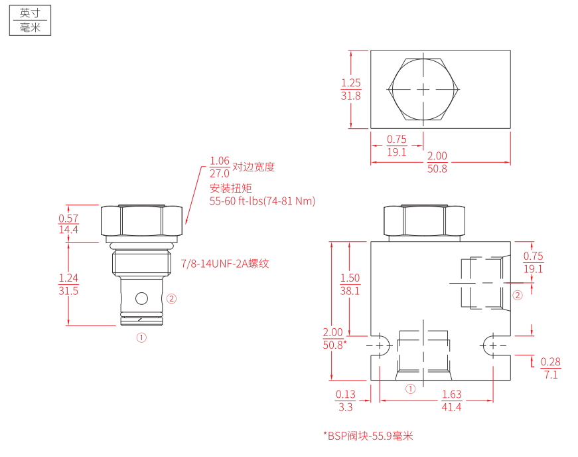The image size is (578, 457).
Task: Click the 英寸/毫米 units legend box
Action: tap(31, 21)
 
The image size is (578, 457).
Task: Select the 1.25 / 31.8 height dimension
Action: tap(351, 89)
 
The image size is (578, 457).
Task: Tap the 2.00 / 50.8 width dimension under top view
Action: tap(437, 162)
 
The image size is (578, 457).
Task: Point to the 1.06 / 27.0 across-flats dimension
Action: tap(220, 167)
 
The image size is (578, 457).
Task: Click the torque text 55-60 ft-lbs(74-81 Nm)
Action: tap(263, 201)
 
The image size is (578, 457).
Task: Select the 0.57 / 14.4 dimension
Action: tap(68, 224)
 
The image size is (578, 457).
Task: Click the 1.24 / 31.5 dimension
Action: tap(68, 284)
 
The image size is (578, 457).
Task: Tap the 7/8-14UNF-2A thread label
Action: tap(225, 264)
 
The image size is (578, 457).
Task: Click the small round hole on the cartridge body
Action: tap(141, 298)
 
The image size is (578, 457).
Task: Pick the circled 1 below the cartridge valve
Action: tap(141, 337)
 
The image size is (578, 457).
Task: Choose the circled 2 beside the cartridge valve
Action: tap(171, 298)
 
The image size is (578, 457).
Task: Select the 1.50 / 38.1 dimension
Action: tap(350, 284)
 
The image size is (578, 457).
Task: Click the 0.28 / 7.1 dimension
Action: tap(551, 369)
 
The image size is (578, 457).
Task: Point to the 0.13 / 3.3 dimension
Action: tap(346, 401)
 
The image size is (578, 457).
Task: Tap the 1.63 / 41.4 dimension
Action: tap(451, 401)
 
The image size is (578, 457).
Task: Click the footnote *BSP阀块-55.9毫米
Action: tap(368, 436)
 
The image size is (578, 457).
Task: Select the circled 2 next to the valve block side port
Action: tap(518, 295)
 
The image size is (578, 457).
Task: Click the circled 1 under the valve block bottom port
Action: tap(410, 389)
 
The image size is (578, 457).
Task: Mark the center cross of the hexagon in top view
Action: tap(423, 89)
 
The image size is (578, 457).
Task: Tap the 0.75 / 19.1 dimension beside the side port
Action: tap(534, 262)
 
